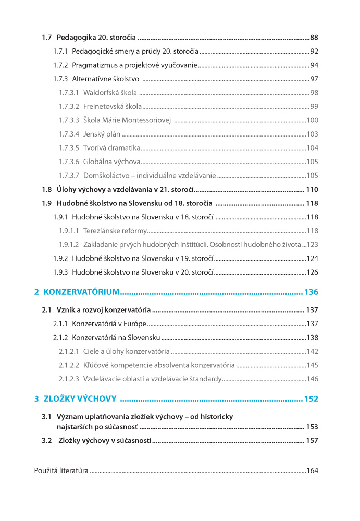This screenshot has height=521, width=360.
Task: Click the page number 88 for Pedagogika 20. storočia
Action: pos(314,38)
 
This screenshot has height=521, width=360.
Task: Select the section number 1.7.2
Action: pos(60,65)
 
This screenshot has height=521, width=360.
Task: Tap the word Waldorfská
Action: pos(101,93)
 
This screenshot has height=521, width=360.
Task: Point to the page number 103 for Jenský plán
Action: pos(312,134)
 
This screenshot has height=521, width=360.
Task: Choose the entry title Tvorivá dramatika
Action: pos(111,148)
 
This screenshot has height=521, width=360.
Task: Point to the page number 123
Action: pos(313,244)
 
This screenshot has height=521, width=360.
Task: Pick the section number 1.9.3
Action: pos(60,272)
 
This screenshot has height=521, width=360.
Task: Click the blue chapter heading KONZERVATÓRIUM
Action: pos(82,292)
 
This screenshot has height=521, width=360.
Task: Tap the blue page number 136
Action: pos(311,292)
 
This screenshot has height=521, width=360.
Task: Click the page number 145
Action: pos(312,365)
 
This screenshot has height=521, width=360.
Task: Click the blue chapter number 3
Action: pos(36,399)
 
